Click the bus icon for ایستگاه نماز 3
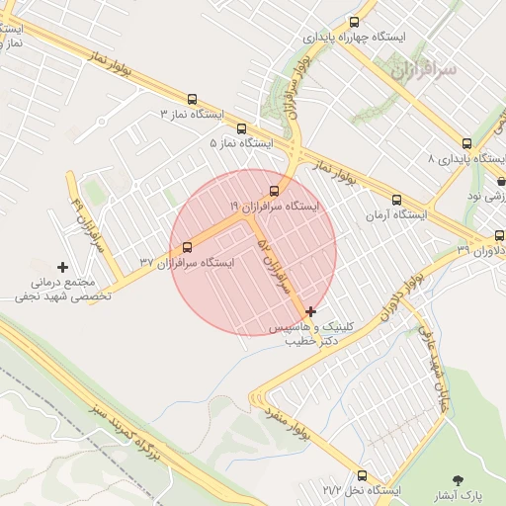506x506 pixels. click(x=192, y=99)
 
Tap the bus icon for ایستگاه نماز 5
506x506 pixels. click(x=242, y=127)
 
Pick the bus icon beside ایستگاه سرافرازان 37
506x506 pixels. click(x=188, y=247)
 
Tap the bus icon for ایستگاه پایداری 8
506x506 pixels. click(x=466, y=143)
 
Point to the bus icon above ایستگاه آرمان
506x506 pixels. click(x=397, y=200)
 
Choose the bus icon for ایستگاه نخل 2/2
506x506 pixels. click(x=362, y=474)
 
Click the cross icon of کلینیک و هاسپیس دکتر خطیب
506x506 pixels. click(x=312, y=311)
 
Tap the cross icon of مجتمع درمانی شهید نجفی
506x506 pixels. click(x=63, y=267)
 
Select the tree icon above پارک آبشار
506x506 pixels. click(x=458, y=479)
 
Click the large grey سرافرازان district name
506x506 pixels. click(x=423, y=71)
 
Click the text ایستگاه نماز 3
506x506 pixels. click(x=191, y=115)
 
